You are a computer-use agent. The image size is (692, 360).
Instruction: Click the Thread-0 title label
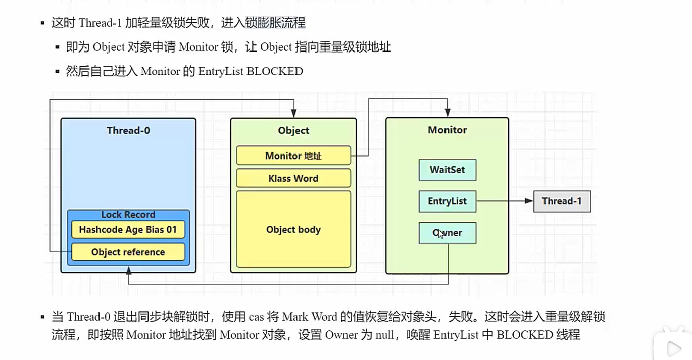128,130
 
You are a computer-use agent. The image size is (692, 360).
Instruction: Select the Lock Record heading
128,215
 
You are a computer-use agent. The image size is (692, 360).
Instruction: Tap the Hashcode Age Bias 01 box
128,230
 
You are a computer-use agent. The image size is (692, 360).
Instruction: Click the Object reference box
128,252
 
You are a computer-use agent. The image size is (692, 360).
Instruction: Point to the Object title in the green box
293,130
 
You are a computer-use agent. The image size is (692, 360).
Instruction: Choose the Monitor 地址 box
293,156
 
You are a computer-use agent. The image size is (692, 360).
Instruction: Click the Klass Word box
293,178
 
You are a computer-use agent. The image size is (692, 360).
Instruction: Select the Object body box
293,229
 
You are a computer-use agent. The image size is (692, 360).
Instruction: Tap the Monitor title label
448,130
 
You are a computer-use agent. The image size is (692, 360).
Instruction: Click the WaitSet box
448,170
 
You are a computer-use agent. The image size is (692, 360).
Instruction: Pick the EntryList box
448,201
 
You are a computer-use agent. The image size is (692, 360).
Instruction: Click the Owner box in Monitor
448,233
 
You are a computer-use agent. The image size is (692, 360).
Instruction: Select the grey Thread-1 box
562,201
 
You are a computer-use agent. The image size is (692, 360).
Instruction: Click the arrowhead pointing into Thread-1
529,201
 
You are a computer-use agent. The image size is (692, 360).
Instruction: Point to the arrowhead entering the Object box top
293,114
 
